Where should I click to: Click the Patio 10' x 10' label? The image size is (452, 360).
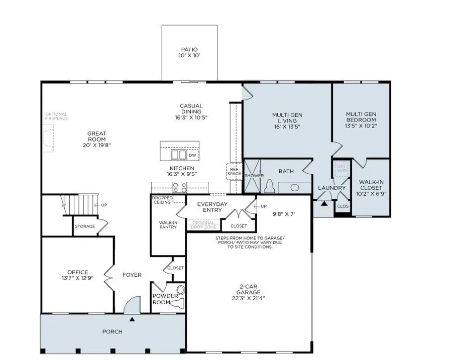coord(189,52)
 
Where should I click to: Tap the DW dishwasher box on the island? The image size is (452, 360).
coord(192,155)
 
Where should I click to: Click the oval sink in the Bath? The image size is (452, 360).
coord(295,187)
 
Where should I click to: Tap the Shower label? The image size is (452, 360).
coord(254,176)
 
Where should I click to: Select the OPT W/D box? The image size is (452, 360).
coord(342,168)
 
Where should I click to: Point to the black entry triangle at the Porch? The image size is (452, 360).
coord(132,319)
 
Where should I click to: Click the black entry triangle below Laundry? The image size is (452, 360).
coord(324,204)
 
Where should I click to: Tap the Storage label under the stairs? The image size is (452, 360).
coord(85,226)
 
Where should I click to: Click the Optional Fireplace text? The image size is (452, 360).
coord(56,117)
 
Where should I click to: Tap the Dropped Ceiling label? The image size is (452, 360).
coord(162,199)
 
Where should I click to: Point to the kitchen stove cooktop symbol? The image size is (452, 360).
coord(179,188)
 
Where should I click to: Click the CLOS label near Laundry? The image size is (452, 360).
coord(343,206)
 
